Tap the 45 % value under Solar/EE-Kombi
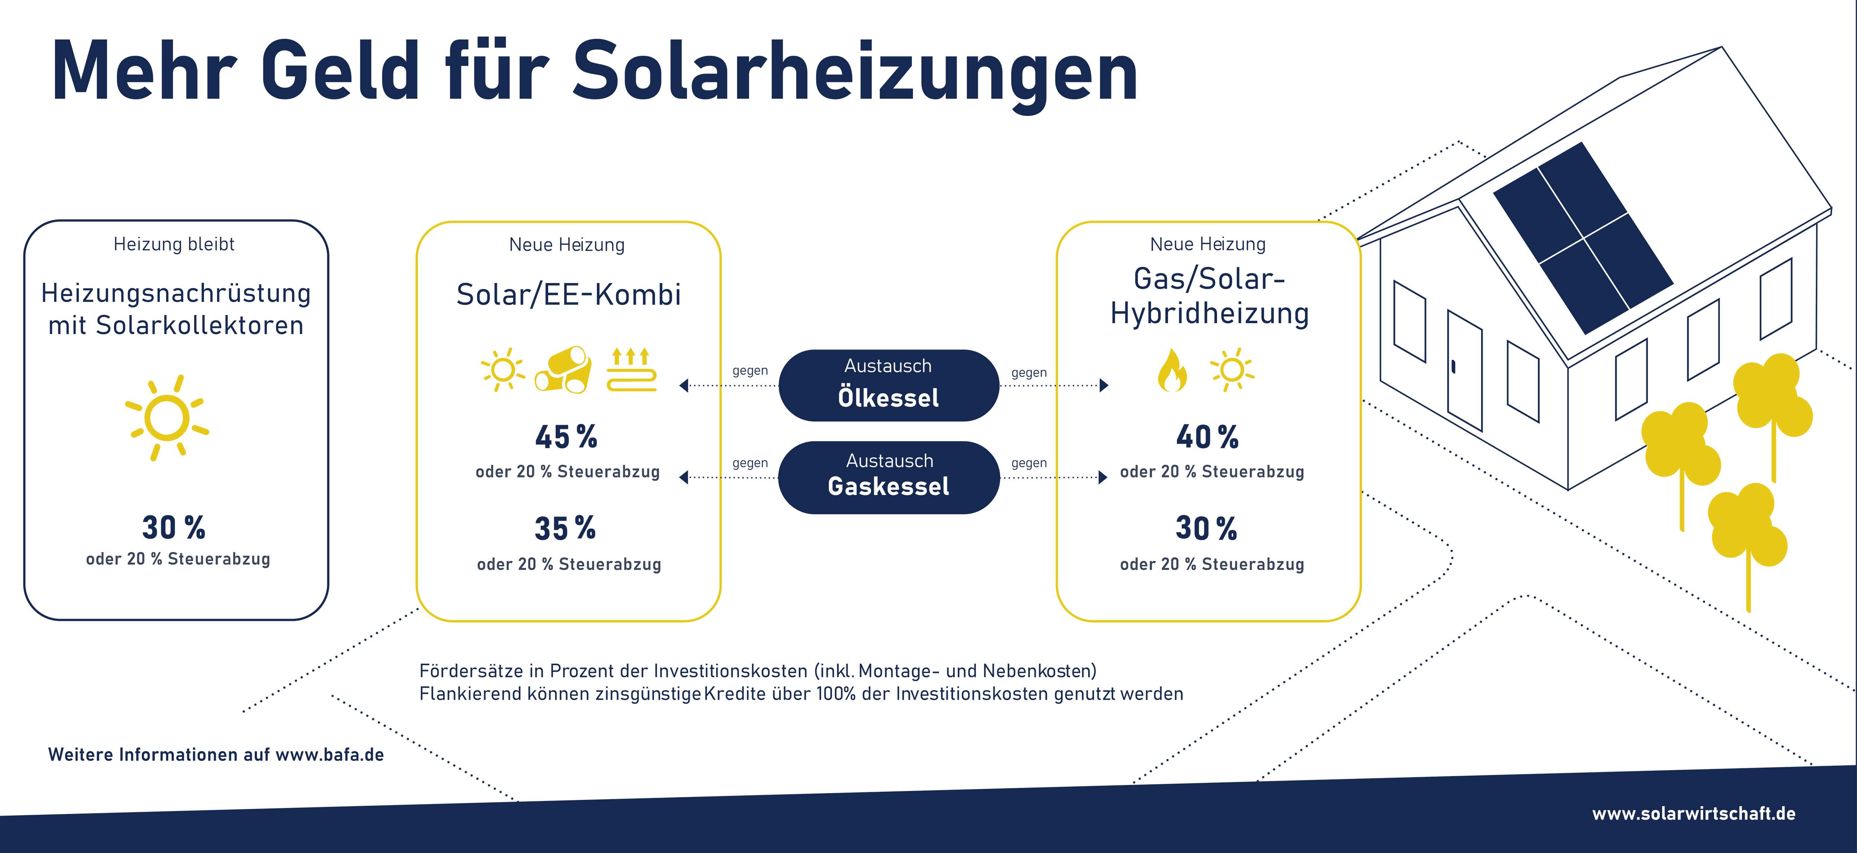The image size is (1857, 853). [x=566, y=436]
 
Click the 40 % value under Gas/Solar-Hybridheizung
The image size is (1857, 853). [x=1207, y=436]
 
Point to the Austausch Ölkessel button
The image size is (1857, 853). [x=889, y=385]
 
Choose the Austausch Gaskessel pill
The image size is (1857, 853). [x=889, y=477]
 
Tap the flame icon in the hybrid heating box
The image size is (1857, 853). [x=1171, y=370]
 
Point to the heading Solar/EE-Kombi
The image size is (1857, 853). [x=569, y=294]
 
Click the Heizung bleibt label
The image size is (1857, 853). [x=175, y=244]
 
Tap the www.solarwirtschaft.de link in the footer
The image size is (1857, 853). [x=1693, y=813]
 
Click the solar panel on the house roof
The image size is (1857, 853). [x=1583, y=238]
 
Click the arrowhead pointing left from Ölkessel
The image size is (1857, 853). [x=683, y=386]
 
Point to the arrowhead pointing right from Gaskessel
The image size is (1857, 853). [x=1103, y=477]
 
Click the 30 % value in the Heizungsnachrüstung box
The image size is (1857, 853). [x=174, y=527]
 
